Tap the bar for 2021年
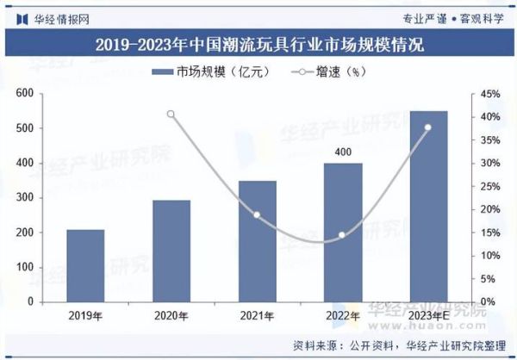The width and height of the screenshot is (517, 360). [x=257, y=241]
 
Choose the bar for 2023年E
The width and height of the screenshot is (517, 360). [x=428, y=207]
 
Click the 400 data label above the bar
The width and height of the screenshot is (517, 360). [x=343, y=152]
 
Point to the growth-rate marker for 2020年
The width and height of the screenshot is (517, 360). [x=171, y=114]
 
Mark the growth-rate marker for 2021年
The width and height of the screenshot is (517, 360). [x=257, y=214]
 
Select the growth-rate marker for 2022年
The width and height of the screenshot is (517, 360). [x=342, y=235]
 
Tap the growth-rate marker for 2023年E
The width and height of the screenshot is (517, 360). [x=428, y=127]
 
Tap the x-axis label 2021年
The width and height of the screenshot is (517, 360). [x=257, y=317]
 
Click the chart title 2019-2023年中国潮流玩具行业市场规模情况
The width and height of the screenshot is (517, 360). [x=258, y=42]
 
